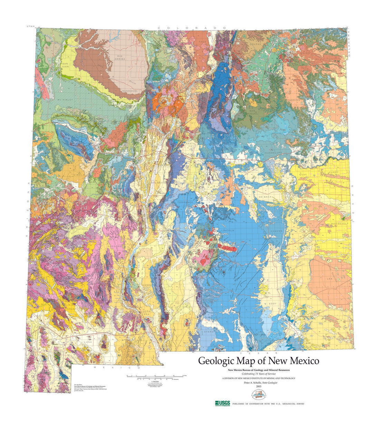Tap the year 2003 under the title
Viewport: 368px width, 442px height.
pyautogui.click(x=259, y=386)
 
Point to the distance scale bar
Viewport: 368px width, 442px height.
pyautogui.click(x=155, y=376)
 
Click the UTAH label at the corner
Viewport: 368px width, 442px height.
pyautogui.click(x=31, y=26)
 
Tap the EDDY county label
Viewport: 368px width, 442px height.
pyautogui.click(x=273, y=303)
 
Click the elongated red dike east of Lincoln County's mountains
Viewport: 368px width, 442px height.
pyautogui.click(x=227, y=248)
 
